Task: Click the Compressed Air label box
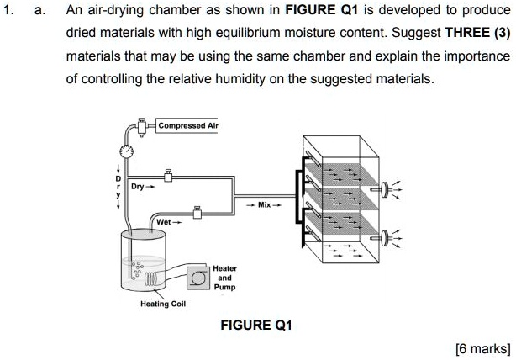point(188,125)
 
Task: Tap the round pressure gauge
point(126,151)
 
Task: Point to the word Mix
point(264,205)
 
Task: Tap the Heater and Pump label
point(224,277)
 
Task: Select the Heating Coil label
point(165,304)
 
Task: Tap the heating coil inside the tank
point(151,277)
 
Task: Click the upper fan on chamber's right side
point(386,189)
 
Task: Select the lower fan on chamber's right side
point(386,236)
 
